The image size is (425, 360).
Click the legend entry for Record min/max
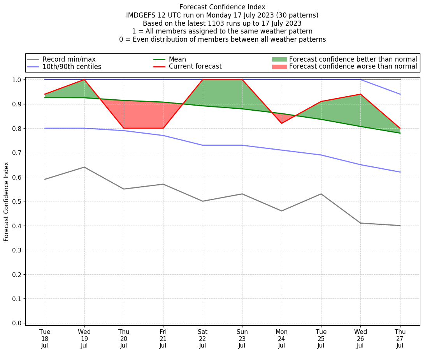(x=69, y=59)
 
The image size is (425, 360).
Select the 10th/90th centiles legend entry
(x=72, y=67)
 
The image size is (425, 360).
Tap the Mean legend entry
(x=177, y=59)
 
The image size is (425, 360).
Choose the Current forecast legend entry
(x=195, y=66)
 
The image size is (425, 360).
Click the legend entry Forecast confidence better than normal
(x=353, y=59)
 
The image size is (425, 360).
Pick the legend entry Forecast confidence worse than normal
(x=353, y=67)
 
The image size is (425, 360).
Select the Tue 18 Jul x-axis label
(x=45, y=338)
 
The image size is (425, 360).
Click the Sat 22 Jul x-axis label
(x=203, y=338)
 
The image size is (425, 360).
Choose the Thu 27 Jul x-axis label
(x=400, y=338)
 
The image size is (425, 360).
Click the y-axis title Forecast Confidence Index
(x=6, y=201)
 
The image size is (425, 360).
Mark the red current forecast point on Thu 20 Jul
(x=124, y=128)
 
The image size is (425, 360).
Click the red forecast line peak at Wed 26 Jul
(x=360, y=94)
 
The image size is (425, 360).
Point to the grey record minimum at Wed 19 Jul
(x=84, y=167)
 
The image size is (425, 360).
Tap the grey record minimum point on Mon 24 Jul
(x=282, y=211)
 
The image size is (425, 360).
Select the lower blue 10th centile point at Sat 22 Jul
(x=203, y=145)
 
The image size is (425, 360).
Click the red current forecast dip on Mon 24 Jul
(x=282, y=124)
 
